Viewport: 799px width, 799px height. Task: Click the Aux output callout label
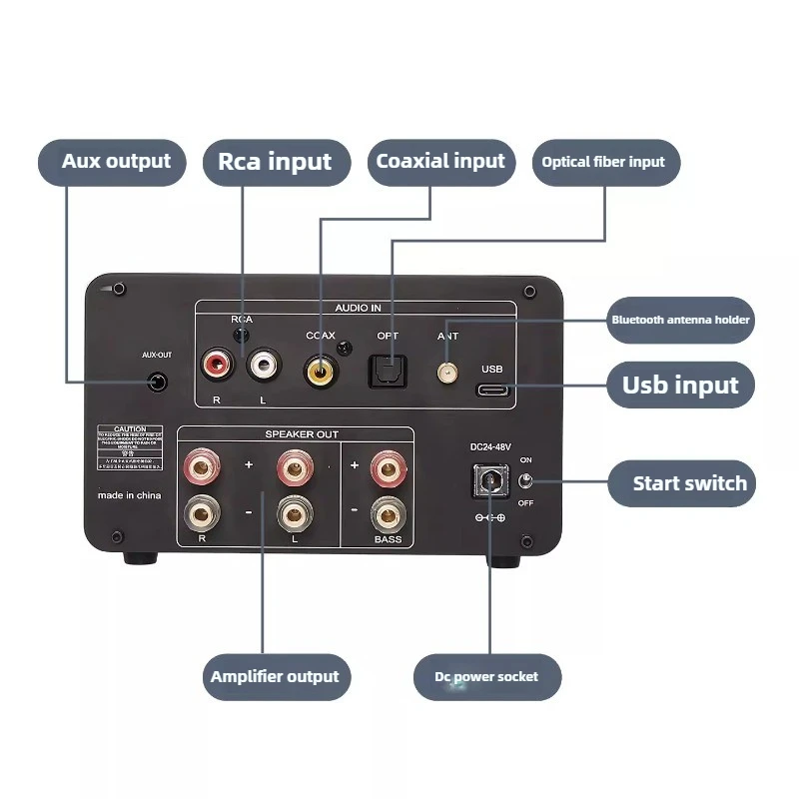(x=112, y=162)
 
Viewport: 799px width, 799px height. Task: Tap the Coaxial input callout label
(x=440, y=162)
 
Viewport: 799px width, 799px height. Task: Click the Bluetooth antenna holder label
(x=680, y=321)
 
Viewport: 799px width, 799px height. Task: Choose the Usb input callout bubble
(x=680, y=386)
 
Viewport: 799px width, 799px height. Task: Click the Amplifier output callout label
(x=275, y=676)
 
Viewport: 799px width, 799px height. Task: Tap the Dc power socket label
(x=486, y=677)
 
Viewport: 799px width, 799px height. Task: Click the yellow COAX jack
(x=321, y=372)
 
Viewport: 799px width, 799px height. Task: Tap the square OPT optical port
(x=387, y=372)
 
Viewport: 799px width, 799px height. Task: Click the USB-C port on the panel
(x=496, y=390)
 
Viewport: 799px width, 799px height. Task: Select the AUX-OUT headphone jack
(x=156, y=382)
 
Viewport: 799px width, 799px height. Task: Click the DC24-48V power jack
(x=488, y=485)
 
